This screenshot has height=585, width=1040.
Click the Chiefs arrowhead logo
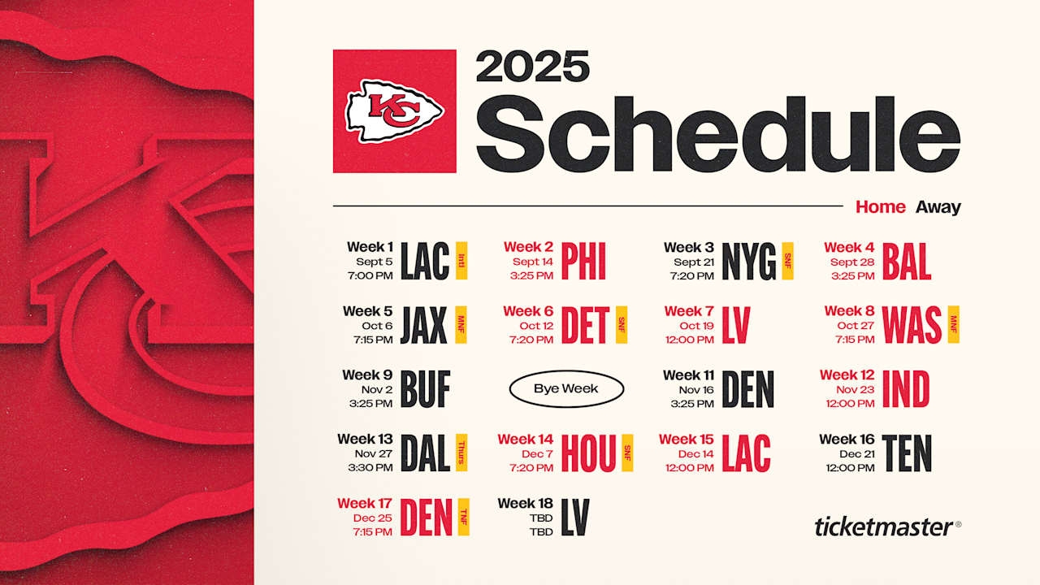(394, 110)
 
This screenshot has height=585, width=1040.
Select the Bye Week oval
(566, 389)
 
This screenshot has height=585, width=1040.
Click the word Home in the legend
(880, 207)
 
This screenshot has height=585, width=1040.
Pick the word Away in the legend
(938, 207)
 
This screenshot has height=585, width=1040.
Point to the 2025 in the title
(532, 67)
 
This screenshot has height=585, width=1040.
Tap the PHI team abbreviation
(583, 262)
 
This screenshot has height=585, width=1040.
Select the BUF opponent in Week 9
(425, 389)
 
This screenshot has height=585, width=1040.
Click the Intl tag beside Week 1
(461, 261)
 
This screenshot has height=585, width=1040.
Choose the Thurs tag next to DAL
(462, 453)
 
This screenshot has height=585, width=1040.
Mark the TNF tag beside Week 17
(463, 517)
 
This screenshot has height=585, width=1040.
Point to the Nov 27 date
(374, 453)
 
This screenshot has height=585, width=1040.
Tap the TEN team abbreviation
(907, 453)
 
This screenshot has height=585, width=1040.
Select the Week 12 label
(847, 375)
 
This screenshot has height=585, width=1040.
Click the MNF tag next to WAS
(954, 324)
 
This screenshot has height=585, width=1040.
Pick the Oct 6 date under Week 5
(377, 325)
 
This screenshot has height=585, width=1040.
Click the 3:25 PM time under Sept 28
(853, 275)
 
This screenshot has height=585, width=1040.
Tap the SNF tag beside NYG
(787, 261)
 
